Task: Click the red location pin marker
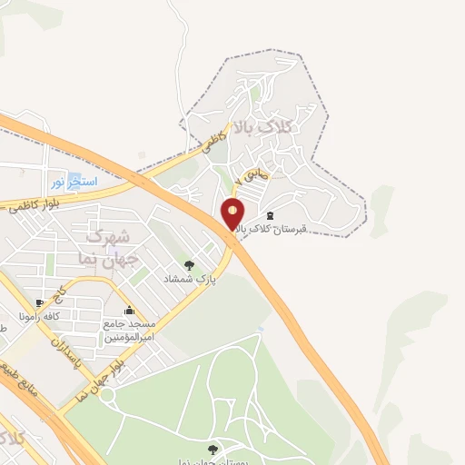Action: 233,214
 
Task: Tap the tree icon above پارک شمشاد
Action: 189,264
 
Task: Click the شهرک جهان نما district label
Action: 106,245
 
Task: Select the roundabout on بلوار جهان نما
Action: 107,394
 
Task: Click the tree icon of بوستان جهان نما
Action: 213,448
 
